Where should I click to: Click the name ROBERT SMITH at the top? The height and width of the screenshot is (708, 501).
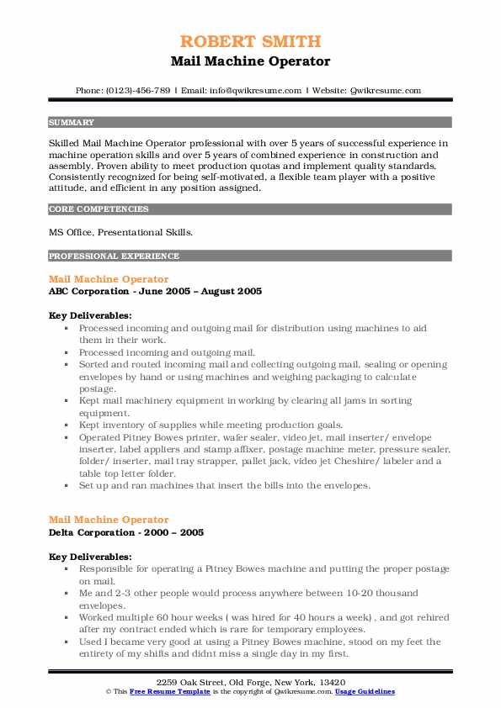tap(250, 42)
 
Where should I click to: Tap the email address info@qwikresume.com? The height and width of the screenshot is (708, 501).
tap(248, 90)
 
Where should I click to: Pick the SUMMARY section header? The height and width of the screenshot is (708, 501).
tap(72, 122)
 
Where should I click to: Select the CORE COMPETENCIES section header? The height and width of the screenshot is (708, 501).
tap(99, 209)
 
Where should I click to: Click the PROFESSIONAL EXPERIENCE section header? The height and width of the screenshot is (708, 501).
tap(114, 256)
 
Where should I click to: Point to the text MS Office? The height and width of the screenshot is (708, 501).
tap(73, 232)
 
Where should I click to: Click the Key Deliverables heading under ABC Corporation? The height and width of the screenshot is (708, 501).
tap(90, 315)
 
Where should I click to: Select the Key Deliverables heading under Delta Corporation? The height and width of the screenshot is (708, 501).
tap(90, 557)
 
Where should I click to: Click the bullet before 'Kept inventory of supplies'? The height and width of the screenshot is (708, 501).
tap(67, 425)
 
